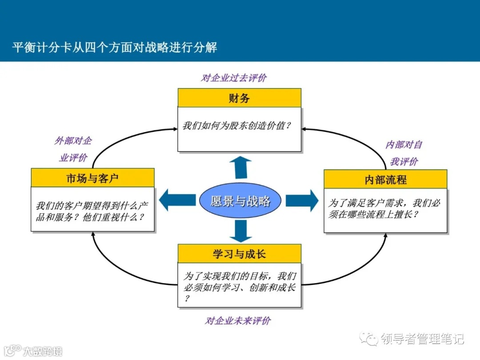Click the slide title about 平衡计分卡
click(115, 48)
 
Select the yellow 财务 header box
click(239, 98)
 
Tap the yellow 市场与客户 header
click(92, 178)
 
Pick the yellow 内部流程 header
click(385, 179)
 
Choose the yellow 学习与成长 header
click(239, 254)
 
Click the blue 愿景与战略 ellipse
click(240, 201)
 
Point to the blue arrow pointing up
click(240, 167)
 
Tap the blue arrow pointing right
click(302, 200)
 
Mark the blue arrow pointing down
click(240, 231)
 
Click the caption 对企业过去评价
click(234, 78)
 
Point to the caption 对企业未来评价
click(238, 320)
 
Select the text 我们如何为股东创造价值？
click(237, 125)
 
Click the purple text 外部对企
click(73, 141)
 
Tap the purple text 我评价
click(404, 161)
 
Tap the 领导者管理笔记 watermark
click(422, 339)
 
